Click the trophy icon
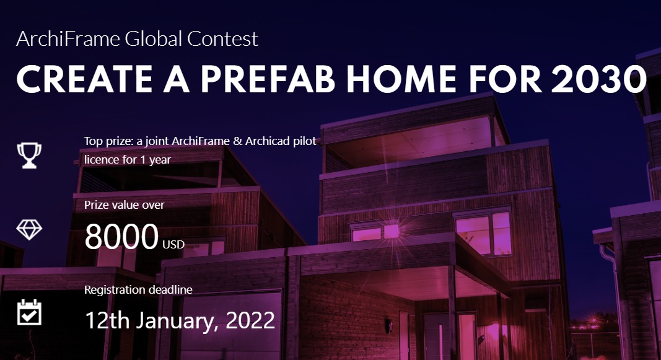tap(29, 155)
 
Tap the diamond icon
tap(29, 229)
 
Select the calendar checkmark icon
tap(29, 312)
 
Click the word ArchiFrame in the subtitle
tap(68, 40)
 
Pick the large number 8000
tap(121, 237)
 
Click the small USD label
tap(173, 245)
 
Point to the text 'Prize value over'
tap(125, 204)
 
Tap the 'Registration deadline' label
tap(138, 289)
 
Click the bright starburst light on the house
tap(391, 231)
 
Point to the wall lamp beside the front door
tap(388, 325)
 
